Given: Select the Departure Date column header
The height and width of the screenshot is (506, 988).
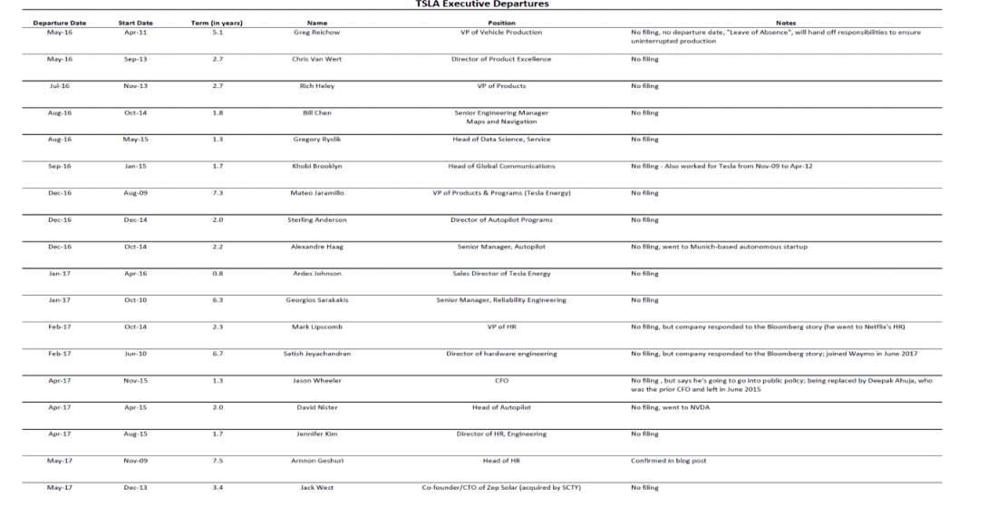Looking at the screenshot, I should [59, 22].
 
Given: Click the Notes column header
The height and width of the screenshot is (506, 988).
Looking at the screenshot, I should [787, 22].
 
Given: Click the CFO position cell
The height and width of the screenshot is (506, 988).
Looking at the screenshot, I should [501, 381].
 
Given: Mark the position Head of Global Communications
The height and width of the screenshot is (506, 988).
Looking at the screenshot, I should [501, 166].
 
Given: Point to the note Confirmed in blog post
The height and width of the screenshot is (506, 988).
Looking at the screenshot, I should [670, 460].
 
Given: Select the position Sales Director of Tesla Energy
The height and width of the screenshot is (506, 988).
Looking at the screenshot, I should [501, 273].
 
